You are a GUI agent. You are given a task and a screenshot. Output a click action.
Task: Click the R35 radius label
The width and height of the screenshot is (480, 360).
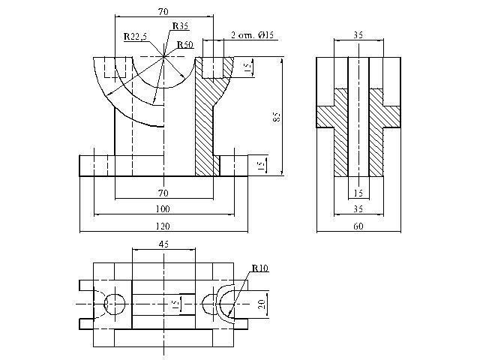(x=180, y=25)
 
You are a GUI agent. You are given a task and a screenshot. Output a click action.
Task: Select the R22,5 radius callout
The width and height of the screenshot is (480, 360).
(x=135, y=37)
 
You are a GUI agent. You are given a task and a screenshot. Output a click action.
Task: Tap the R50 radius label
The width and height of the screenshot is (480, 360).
(x=185, y=45)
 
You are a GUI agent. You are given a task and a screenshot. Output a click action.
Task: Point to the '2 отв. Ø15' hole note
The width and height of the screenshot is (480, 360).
(x=252, y=35)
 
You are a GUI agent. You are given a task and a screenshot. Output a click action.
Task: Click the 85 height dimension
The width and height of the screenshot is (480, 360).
(x=276, y=117)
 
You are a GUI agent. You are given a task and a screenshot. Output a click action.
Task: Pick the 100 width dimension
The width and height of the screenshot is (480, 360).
(x=163, y=209)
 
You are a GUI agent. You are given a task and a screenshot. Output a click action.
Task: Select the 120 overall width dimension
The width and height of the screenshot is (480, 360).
(x=163, y=226)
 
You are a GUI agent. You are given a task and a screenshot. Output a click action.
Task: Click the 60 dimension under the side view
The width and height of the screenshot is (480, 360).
(x=358, y=226)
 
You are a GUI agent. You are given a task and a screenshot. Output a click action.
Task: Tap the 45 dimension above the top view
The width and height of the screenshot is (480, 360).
(x=163, y=244)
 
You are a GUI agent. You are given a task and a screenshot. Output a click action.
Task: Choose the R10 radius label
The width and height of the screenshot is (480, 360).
(x=260, y=268)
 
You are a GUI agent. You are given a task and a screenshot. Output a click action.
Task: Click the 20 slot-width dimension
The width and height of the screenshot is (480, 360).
(x=262, y=304)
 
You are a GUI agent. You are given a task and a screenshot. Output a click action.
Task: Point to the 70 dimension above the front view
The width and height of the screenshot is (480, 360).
(x=163, y=12)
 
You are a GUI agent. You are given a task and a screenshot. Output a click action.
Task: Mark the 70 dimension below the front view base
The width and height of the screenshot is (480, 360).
(x=163, y=193)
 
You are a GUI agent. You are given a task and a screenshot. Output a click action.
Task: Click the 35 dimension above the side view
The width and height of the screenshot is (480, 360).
(x=358, y=34)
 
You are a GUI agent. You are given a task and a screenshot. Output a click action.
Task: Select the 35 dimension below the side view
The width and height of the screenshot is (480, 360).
(x=358, y=208)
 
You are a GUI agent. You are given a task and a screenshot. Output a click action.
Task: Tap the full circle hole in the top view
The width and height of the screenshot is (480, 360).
(x=115, y=304)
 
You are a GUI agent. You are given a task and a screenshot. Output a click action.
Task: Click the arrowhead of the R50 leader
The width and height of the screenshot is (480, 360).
(x=182, y=75)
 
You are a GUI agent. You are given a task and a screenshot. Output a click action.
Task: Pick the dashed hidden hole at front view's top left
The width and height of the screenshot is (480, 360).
(x=115, y=67)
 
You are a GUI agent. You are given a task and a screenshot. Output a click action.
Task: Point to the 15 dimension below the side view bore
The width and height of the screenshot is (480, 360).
(x=358, y=193)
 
